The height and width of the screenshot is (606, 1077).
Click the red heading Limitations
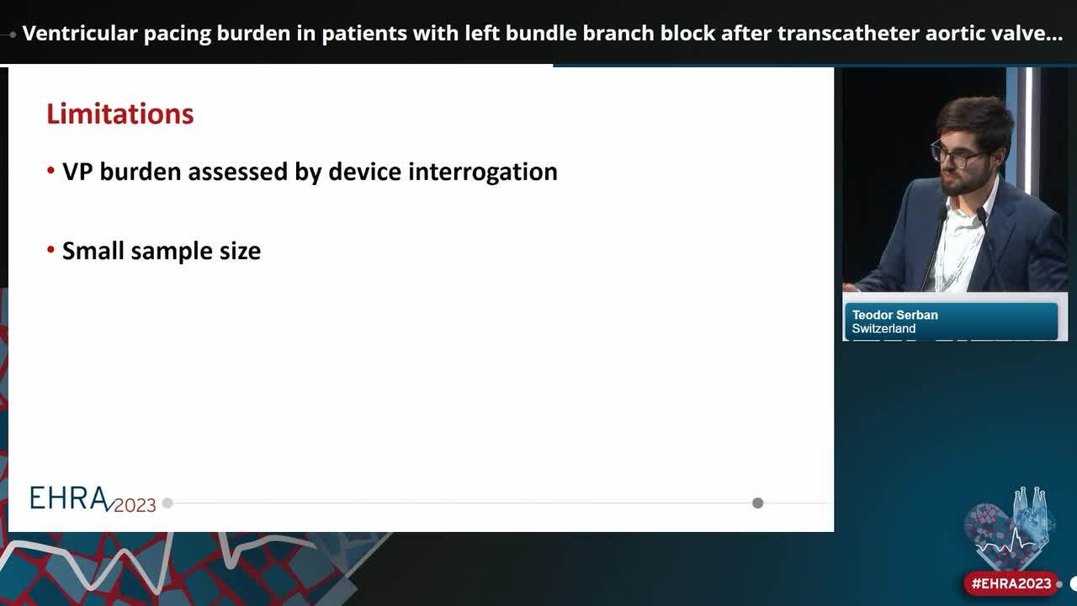click(119, 114)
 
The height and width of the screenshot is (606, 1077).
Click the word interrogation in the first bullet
click(482, 172)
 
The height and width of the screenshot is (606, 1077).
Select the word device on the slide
click(365, 172)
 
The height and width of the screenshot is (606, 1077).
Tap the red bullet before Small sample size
click(51, 250)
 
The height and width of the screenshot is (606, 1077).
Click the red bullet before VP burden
click(51, 171)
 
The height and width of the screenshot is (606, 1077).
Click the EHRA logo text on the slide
click(69, 498)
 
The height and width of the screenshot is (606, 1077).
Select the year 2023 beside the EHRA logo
click(135, 505)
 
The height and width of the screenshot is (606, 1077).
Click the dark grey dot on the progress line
click(757, 503)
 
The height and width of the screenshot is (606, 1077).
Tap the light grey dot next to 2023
click(167, 503)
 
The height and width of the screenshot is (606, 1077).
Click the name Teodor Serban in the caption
click(894, 315)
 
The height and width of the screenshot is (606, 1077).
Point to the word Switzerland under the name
click(883, 329)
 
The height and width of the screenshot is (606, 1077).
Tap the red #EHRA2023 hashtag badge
click(1011, 583)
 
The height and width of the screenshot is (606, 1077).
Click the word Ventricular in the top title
click(74, 34)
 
